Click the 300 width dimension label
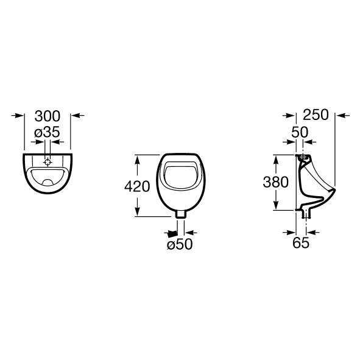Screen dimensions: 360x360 [48, 116]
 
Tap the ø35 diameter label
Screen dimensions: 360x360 [47, 132]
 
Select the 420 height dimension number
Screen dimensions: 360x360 [137, 186]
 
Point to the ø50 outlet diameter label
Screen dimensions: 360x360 [180, 244]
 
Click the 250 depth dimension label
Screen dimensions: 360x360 [316, 115]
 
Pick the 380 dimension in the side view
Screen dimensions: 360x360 [275, 182]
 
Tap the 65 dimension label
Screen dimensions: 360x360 [301, 242]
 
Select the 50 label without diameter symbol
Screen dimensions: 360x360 [300, 132]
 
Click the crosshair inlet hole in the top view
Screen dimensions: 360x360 [48, 162]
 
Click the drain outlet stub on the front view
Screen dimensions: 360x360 [181, 214]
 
